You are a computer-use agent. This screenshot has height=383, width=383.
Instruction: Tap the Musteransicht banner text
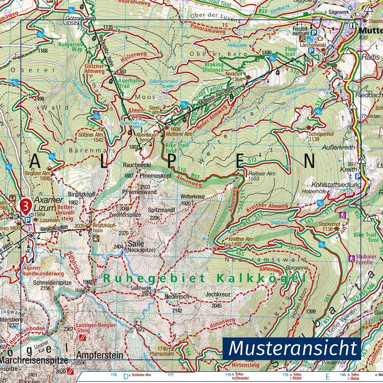[292, 349]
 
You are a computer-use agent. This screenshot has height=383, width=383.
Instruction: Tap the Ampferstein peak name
[100, 355]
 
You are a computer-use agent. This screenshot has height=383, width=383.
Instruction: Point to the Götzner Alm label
[91, 137]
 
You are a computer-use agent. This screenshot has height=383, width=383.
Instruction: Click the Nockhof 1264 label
[234, 76]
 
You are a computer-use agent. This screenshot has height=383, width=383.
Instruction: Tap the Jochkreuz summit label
[218, 295]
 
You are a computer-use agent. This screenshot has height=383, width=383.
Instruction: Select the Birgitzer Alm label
[37, 175]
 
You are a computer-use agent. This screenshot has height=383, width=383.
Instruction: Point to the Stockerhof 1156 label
[329, 227]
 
